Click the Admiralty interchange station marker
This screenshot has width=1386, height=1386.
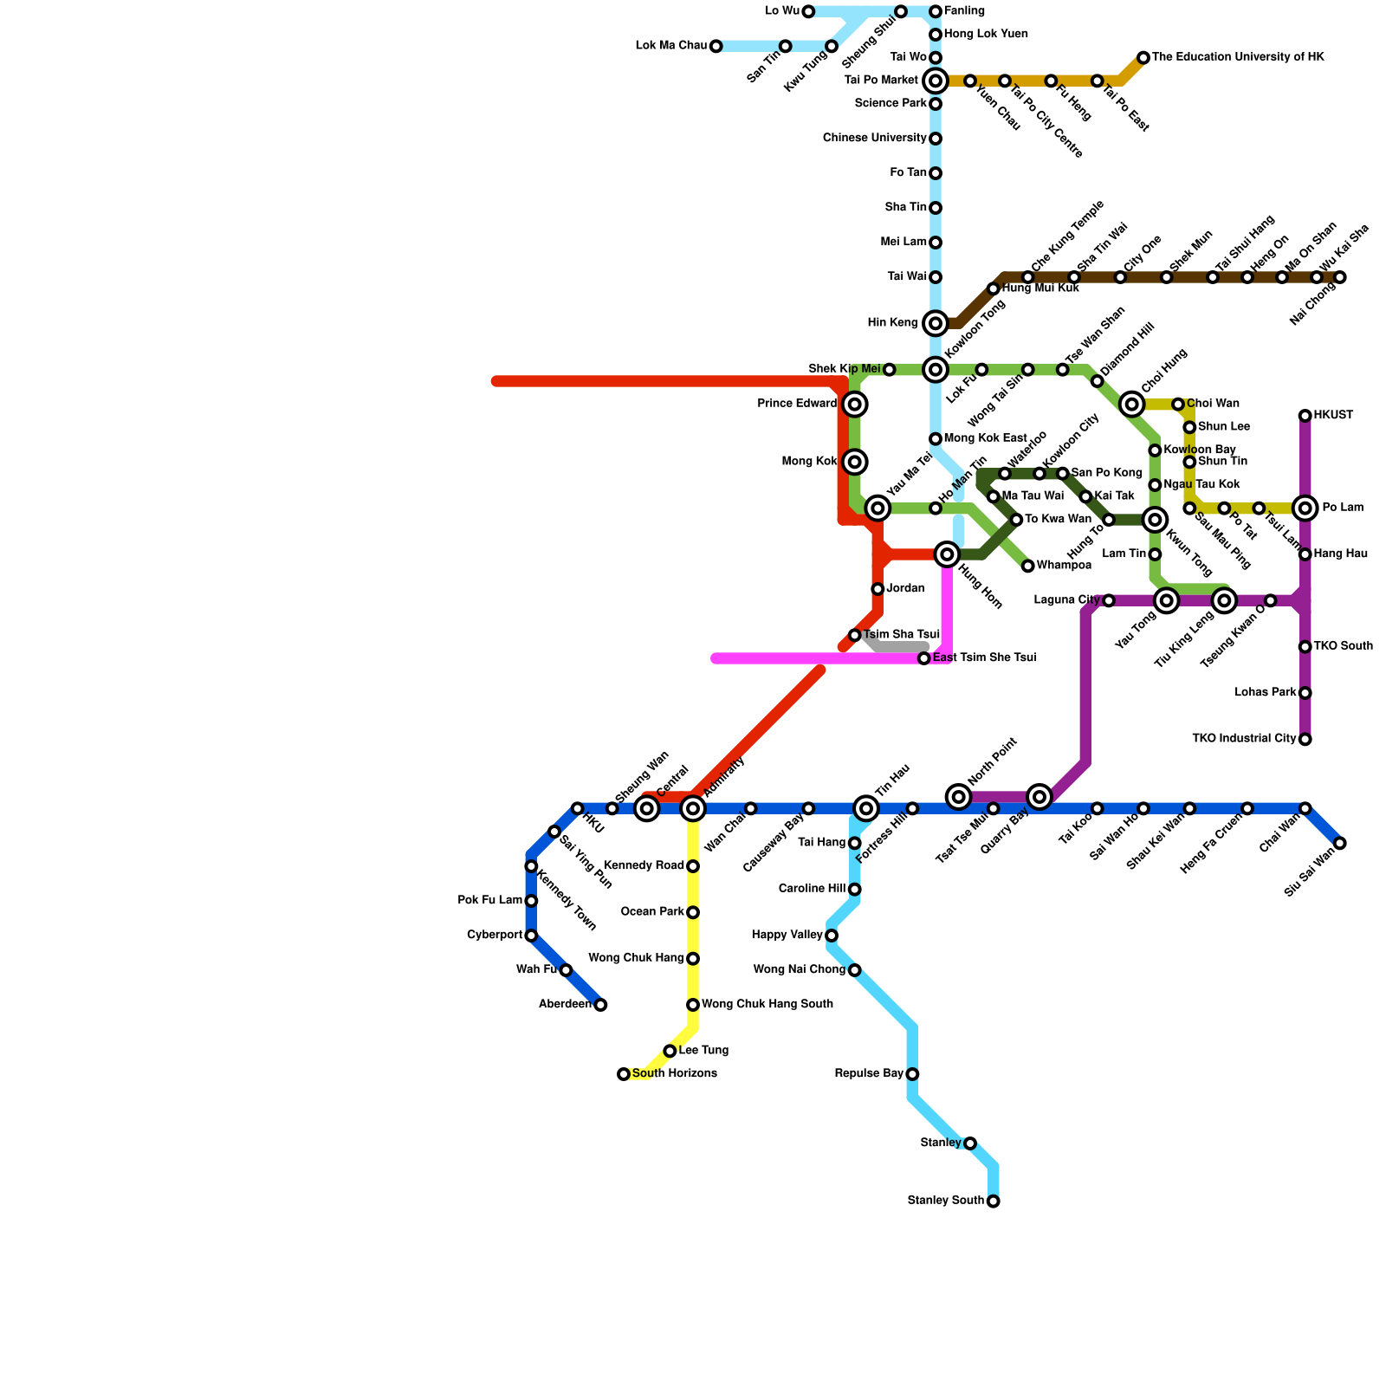tap(693, 808)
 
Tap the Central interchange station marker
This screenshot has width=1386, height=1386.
tap(647, 808)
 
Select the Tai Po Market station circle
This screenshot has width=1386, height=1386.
tap(936, 81)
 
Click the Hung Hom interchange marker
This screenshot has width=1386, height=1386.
tap(947, 554)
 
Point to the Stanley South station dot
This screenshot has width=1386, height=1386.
tap(993, 1201)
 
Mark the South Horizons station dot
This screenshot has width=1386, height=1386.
tap(624, 1074)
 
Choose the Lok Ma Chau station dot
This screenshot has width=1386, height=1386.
tap(716, 46)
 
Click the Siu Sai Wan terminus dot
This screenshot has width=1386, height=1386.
tap(1340, 843)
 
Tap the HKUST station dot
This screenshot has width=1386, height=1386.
tap(1305, 416)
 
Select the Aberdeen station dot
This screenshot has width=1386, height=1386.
tap(600, 1005)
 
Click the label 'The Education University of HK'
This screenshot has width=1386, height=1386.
tap(1238, 57)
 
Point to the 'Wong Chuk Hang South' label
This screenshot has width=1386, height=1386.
tap(767, 1005)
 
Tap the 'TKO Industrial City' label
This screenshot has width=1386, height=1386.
tap(1244, 739)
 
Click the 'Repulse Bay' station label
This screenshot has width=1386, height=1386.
tap(869, 1074)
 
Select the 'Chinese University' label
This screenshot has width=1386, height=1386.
tap(875, 139)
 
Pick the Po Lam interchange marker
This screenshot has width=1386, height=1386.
tap(1305, 508)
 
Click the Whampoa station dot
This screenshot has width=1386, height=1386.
tap(1028, 566)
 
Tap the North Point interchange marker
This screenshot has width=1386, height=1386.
tap(958, 797)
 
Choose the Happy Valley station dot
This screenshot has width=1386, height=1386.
tap(832, 936)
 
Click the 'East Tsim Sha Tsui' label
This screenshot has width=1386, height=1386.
tap(984, 658)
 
